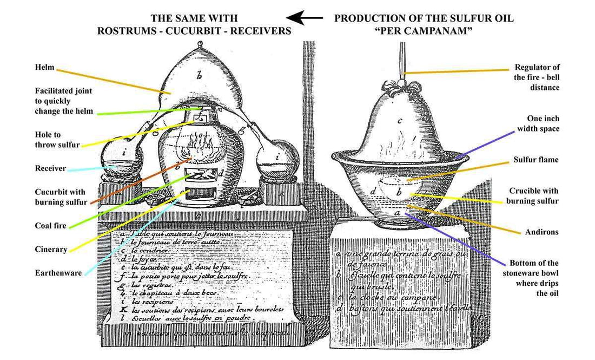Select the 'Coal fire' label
(52, 226)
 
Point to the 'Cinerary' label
(51, 250)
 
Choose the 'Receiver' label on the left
(50, 168)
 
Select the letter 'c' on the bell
(400, 121)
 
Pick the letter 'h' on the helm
(199, 76)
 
